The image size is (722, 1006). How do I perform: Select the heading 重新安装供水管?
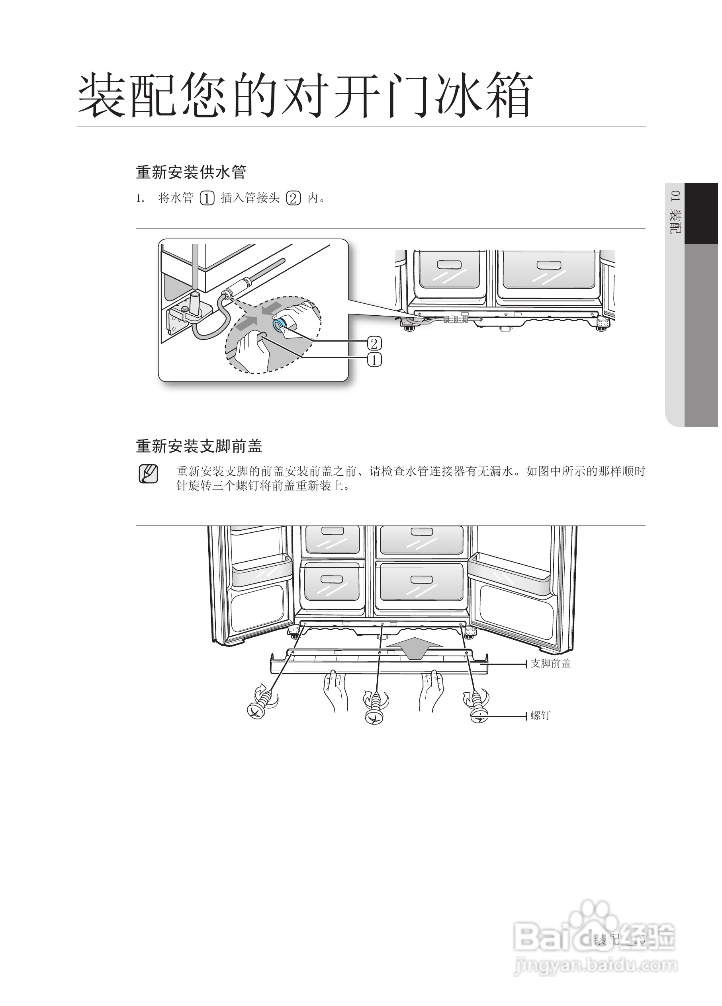point(191,172)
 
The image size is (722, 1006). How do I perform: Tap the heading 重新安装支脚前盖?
point(199,446)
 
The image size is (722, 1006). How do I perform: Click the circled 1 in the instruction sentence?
point(207,198)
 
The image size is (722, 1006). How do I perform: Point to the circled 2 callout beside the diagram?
point(374,343)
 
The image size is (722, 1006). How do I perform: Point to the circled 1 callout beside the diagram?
point(374,360)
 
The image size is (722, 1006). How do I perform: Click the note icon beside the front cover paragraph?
point(148,474)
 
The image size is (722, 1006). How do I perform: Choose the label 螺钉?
point(540,715)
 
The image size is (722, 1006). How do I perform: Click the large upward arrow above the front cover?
point(415,649)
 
